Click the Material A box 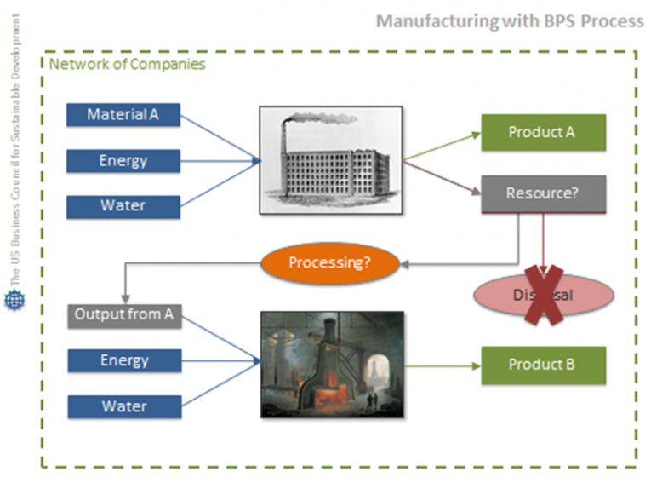tap(123, 115)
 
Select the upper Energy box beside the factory tap(123, 161)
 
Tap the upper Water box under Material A tap(123, 206)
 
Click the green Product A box tap(543, 133)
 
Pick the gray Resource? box tap(543, 193)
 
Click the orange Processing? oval tap(329, 262)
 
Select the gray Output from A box tap(124, 315)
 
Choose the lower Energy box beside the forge tap(124, 360)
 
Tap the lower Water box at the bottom tap(124, 406)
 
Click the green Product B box tap(543, 365)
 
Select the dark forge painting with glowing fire tap(332, 364)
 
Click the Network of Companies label tap(127, 65)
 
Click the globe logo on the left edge tap(14, 301)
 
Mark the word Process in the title tap(612, 20)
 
